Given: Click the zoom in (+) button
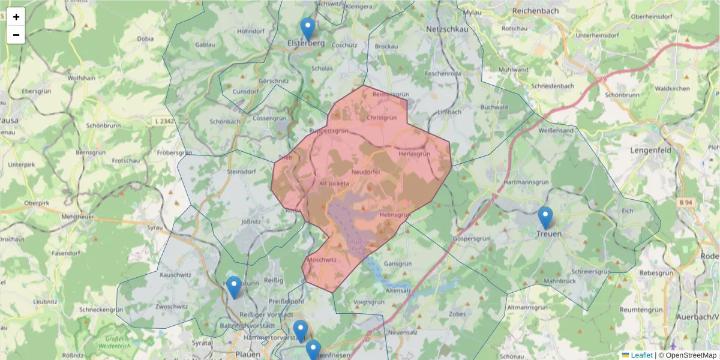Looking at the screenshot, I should point(16,17).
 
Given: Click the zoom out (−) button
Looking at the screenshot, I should point(16,35).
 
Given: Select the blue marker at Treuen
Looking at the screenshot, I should point(545,218).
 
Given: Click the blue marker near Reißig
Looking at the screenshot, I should point(234,287).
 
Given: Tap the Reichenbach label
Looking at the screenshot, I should point(536,11).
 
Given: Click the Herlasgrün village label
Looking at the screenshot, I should point(415,154).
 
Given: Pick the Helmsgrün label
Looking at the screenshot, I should point(394,215).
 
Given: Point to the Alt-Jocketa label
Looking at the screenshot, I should point(334,183).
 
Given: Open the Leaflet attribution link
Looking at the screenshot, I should point(641,355).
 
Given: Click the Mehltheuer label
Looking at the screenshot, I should point(79,216).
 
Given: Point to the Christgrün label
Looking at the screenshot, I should point(382,118).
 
